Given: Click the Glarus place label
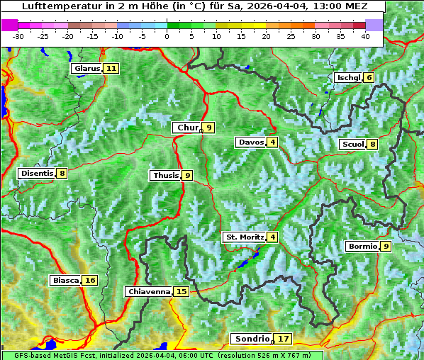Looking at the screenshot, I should pyautogui.click(x=87, y=69).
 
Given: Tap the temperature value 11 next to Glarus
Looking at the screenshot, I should pyautogui.click(x=111, y=69).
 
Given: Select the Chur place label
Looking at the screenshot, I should pyautogui.click(x=187, y=128).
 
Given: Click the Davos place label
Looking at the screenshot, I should pyautogui.click(x=251, y=142).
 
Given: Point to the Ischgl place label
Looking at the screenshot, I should pyautogui.click(x=348, y=77).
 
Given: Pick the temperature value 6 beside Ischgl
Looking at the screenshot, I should pyautogui.click(x=369, y=77).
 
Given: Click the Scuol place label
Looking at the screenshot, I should pyautogui.click(x=352, y=145).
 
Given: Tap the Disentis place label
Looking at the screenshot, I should pyautogui.click(x=37, y=173).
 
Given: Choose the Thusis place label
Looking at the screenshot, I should pyautogui.click(x=165, y=175).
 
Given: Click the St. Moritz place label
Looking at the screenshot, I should pyautogui.click(x=244, y=237).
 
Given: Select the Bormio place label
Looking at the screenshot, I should pyautogui.click(x=362, y=247).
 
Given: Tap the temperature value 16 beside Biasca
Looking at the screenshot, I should pyautogui.click(x=89, y=280).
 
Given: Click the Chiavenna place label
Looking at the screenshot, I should pyautogui.click(x=148, y=291).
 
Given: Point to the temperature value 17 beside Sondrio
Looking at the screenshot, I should pyautogui.click(x=283, y=339).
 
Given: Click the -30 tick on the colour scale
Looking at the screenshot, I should pyautogui.click(x=18, y=35).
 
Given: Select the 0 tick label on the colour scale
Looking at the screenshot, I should pyautogui.click(x=167, y=35).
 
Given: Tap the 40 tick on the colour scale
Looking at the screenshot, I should pyautogui.click(x=365, y=35).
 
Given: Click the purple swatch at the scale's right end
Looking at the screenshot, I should pyautogui.click(x=374, y=25).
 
